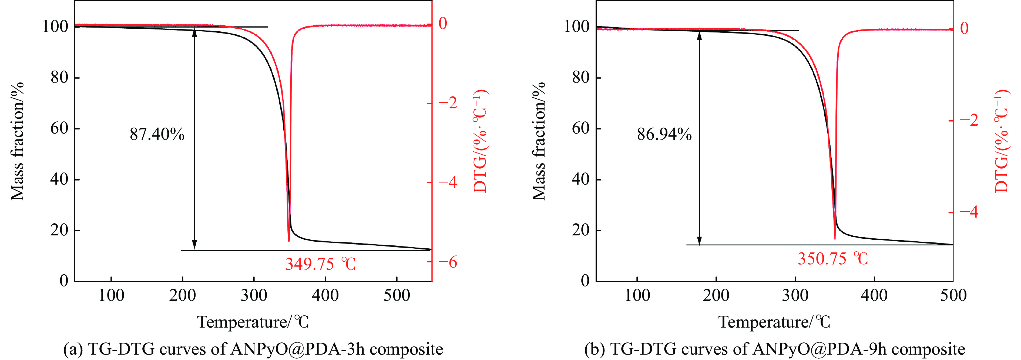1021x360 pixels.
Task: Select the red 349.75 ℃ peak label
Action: point(320,264)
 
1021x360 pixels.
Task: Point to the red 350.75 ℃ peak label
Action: point(833,259)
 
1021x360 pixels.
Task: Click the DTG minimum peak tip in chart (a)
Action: point(288,240)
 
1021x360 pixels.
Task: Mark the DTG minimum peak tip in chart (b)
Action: point(835,239)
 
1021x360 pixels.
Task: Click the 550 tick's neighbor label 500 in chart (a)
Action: point(396,295)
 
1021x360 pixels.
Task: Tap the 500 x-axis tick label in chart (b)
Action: point(953,295)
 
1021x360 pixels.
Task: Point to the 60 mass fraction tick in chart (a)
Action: point(59,128)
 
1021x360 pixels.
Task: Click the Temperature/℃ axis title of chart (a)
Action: point(253,322)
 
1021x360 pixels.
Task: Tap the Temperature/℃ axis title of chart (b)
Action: point(774,322)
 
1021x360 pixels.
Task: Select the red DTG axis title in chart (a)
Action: point(481,141)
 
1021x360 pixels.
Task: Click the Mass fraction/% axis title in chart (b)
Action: point(539,141)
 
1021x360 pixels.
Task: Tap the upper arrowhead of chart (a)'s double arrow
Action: point(194,32)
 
